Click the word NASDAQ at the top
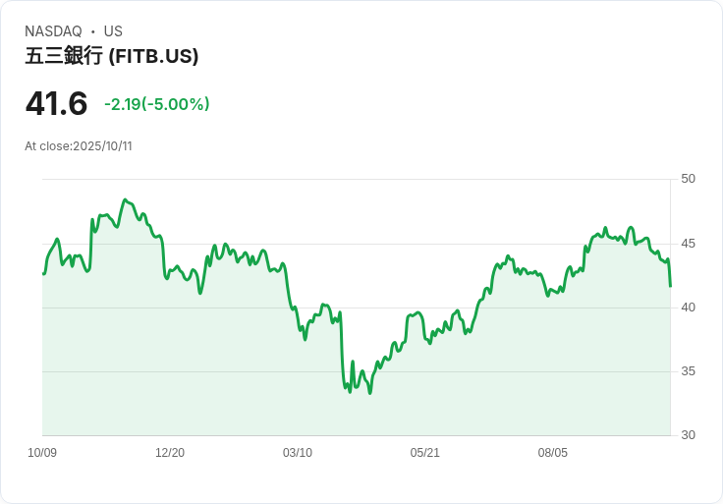coord(53,31)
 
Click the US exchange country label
coord(113,31)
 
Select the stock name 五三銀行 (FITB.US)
coord(112,56)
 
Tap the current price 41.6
coord(56,103)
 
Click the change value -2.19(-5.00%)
coord(157,104)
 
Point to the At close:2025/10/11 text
coord(79,146)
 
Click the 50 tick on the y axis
coord(688,179)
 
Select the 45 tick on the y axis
coord(688,244)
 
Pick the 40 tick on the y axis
coord(688,308)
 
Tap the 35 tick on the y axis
coord(688,371)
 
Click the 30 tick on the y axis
coord(688,435)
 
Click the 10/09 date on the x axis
coord(42,453)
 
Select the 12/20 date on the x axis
coord(170,453)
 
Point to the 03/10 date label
coord(298,453)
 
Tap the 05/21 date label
coord(425,453)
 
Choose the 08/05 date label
coord(553,453)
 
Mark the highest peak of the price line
coord(125,200)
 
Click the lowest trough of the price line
coord(369,393)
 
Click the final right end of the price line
coord(670,286)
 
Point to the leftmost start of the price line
coord(43,273)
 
